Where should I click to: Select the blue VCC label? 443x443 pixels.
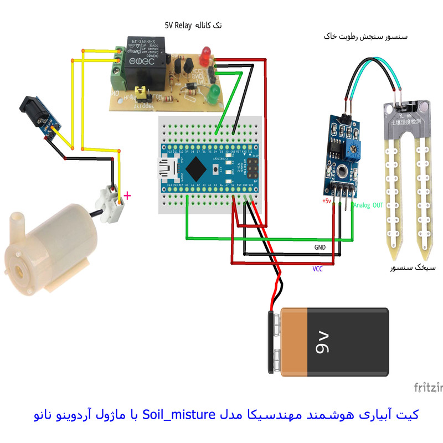click(317, 269)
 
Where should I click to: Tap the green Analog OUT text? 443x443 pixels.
click(368, 205)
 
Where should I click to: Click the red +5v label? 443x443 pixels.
click(326, 201)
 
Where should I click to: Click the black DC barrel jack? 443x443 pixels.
click(34, 112)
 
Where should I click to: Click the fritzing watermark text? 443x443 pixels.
click(428, 387)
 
